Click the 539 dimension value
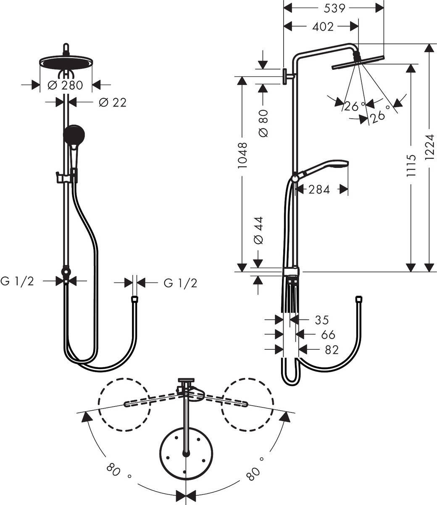coord(335,8)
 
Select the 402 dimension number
coord(323,27)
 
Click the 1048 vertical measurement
coord(242,156)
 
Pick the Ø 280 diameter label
coord(66,85)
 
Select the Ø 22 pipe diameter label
coord(112,102)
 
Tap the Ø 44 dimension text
coord(258,231)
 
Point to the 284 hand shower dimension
coord(319,190)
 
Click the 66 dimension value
coord(328,335)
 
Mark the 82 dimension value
coord(331,350)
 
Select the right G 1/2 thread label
coord(180,283)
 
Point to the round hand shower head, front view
coord(74,135)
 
